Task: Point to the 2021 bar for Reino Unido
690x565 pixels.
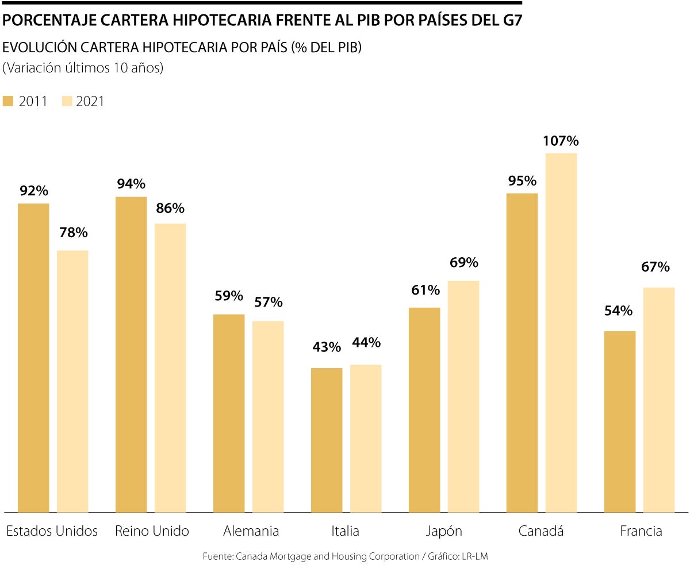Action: tap(170, 367)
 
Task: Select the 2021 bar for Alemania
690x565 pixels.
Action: tap(268, 416)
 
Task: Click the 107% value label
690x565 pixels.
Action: tap(561, 141)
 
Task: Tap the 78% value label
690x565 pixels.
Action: tap(72, 233)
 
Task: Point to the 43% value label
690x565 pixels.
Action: tap(327, 347)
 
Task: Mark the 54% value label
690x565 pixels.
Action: tap(618, 311)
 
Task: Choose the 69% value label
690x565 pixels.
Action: tap(463, 263)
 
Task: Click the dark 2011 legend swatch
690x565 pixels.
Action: tap(8, 102)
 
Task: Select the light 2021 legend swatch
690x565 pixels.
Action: tap(67, 102)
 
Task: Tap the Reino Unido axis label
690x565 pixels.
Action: tap(152, 531)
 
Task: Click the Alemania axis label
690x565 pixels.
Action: tap(251, 531)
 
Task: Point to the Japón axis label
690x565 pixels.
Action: tap(443, 531)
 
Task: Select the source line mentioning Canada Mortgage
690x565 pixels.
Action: tap(345, 556)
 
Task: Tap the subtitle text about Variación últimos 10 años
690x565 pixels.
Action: tap(83, 68)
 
